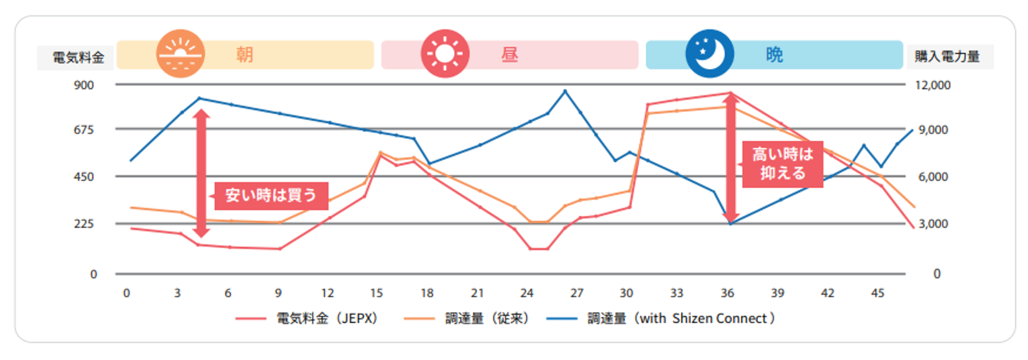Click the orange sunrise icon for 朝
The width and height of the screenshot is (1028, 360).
click(180, 54)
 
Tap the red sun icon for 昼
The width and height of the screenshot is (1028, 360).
click(445, 54)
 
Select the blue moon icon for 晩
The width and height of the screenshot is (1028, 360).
click(709, 53)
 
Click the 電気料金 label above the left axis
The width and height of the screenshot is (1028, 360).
click(78, 58)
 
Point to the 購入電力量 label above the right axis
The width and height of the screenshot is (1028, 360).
click(947, 57)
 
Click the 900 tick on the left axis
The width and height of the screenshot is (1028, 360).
click(84, 85)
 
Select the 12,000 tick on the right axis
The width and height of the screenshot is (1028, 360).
click(932, 85)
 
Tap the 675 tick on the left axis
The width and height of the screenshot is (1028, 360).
click(84, 130)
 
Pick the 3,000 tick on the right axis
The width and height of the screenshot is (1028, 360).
click(933, 224)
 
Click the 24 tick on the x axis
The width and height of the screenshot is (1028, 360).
click(526, 293)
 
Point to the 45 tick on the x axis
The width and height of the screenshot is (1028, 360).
click(878, 293)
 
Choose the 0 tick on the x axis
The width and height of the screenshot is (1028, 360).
click(127, 293)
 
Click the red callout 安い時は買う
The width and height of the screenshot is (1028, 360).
click(271, 195)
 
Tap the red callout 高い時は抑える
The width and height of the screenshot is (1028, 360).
click(782, 163)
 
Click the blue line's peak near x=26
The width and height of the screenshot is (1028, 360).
click(565, 91)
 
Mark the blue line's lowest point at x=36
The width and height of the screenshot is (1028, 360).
click(730, 224)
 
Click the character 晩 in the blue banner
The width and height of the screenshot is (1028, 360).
click(774, 55)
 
